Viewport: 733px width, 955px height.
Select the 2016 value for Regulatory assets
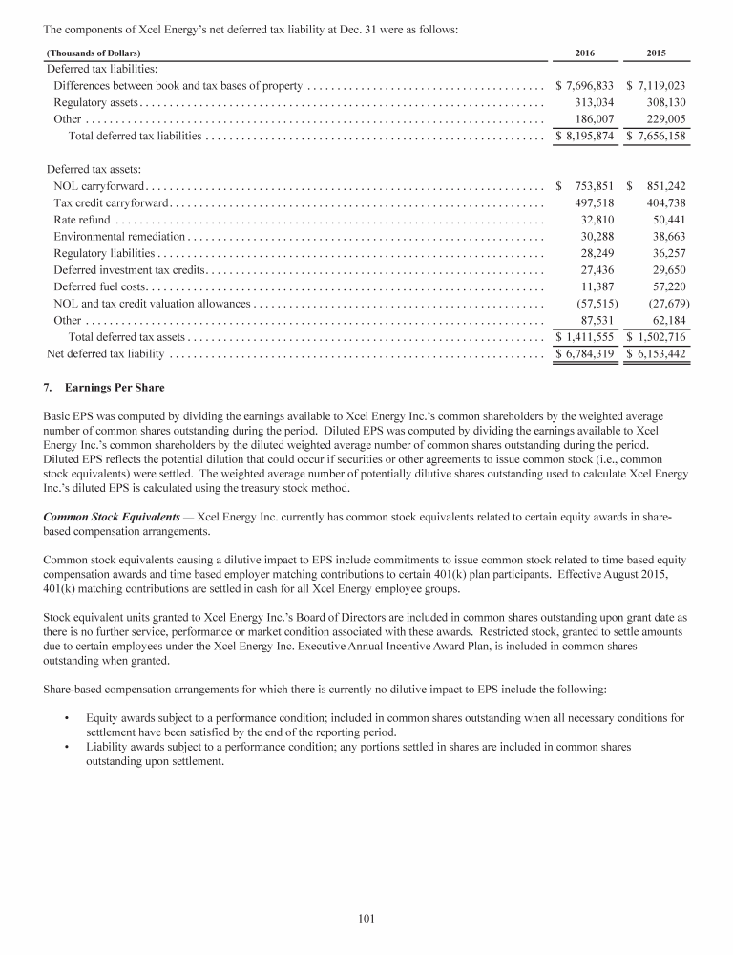pyautogui.click(x=597, y=101)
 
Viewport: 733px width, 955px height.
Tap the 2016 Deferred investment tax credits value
pyautogui.click(x=601, y=269)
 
